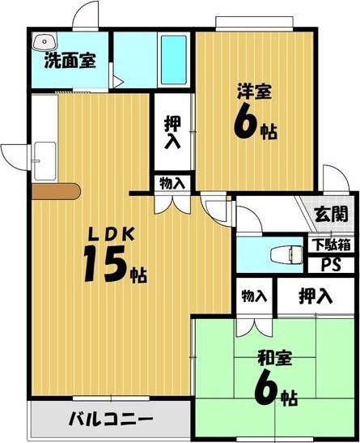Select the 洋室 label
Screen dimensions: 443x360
coord(252,91)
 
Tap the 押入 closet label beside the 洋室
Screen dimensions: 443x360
coord(172,134)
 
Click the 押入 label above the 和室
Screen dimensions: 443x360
coord(315,296)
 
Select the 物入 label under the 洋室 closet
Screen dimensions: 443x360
coord(172,183)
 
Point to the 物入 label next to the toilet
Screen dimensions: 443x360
coord(254,296)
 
